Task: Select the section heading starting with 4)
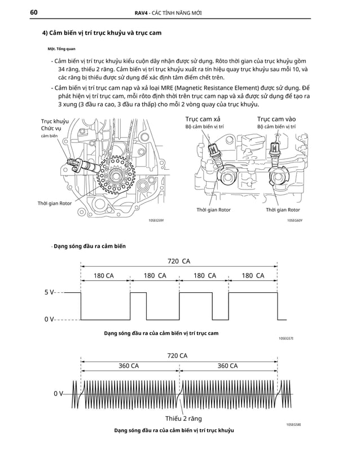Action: [102, 33]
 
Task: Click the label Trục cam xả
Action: [203, 119]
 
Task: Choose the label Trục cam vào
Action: [276, 119]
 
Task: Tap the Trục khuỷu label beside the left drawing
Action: [55, 121]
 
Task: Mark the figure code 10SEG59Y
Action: [156, 221]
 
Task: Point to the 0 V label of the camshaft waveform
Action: [49, 319]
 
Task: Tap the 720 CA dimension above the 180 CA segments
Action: [179, 261]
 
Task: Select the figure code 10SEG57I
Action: [286, 338]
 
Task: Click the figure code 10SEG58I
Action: [294, 423]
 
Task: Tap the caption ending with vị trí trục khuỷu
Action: [174, 430]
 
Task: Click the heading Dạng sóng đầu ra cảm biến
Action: [89, 246]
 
